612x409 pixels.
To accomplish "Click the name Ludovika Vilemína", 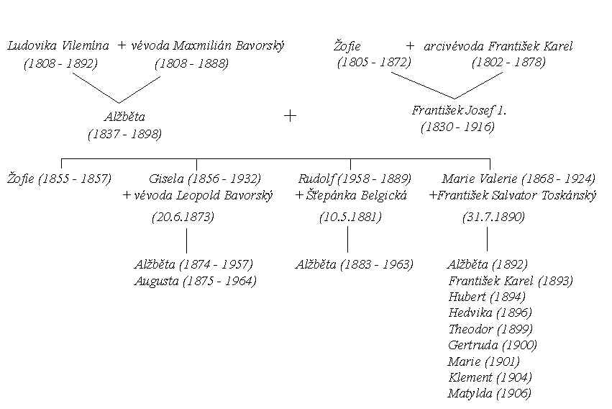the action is [x=58, y=45].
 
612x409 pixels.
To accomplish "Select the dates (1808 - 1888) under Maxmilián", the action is [x=191, y=63].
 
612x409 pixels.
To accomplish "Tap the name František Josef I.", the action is [x=459, y=111].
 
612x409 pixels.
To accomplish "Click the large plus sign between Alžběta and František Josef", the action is [x=290, y=116].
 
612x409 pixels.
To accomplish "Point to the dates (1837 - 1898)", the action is [x=125, y=134].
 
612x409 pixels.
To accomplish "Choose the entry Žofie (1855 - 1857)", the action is [x=59, y=179].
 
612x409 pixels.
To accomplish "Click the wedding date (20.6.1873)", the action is [x=183, y=217].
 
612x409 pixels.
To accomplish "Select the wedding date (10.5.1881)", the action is [x=350, y=217].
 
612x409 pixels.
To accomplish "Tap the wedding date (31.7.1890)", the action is [x=494, y=217].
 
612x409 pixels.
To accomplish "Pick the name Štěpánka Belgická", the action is [x=357, y=195].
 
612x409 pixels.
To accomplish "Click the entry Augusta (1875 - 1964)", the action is [x=195, y=282].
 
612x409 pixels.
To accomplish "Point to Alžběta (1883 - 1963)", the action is [x=355, y=265].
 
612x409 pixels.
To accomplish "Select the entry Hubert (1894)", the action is [x=487, y=297].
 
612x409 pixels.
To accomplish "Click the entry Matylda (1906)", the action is [x=490, y=393].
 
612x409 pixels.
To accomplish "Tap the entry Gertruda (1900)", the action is [x=493, y=346].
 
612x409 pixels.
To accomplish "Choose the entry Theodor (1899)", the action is [x=490, y=329].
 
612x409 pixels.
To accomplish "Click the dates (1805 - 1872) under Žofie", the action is [x=374, y=63].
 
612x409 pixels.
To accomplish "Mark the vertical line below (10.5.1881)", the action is [x=348, y=240].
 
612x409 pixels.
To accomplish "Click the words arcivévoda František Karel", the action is [x=498, y=47].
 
